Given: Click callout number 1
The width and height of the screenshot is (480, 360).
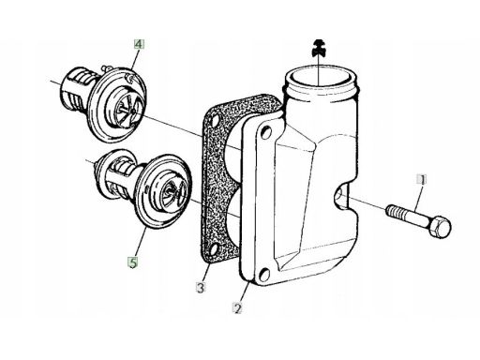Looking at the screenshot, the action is click(422, 180).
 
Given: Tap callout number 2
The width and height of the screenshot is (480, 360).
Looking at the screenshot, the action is click(238, 308).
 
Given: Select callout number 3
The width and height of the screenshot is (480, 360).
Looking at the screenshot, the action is click(201, 287).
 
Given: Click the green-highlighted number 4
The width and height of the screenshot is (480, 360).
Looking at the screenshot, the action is click(139, 44).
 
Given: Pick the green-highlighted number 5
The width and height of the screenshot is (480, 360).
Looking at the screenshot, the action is click(133, 262).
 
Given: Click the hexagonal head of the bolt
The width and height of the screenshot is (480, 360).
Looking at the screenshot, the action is click(440, 227).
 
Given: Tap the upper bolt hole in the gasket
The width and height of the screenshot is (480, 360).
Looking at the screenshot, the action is click(216, 120).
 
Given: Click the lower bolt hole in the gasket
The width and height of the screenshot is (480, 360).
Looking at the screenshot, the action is click(215, 250).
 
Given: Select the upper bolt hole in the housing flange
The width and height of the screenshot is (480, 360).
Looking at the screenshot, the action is click(265, 132).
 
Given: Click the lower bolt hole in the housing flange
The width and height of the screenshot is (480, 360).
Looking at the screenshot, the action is click(264, 275).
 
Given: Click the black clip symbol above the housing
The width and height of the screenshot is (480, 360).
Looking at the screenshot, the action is click(319, 49).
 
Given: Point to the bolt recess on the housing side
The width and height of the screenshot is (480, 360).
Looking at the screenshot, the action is click(341, 196).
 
